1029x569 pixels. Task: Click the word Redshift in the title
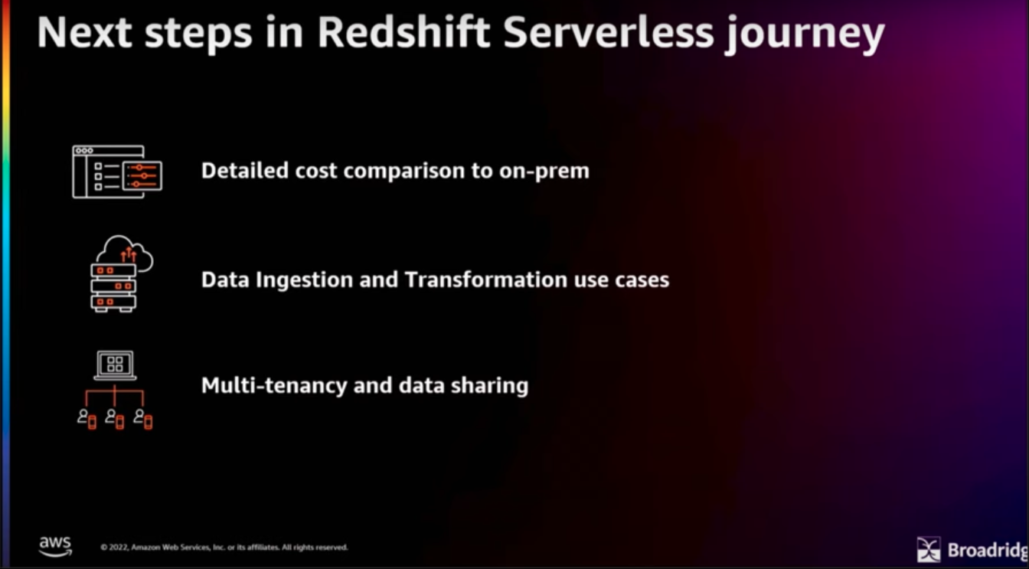(403, 32)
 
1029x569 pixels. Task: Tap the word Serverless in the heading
(609, 32)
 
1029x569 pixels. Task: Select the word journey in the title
(805, 35)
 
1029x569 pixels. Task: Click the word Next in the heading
(84, 32)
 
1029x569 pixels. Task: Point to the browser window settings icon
(117, 172)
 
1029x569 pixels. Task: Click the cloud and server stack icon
(122, 274)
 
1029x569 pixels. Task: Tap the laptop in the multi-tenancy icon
(115, 365)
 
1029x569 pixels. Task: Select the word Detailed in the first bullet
(245, 171)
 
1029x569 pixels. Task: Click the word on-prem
(544, 172)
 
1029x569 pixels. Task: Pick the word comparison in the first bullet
(403, 172)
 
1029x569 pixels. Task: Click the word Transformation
(486, 280)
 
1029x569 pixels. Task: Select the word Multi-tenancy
(274, 386)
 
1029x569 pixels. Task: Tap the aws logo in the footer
(55, 546)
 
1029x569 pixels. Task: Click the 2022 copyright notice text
(224, 548)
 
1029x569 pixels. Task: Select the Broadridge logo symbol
(929, 549)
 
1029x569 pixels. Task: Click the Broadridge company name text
(988, 550)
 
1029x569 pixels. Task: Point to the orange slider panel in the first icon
(142, 175)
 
